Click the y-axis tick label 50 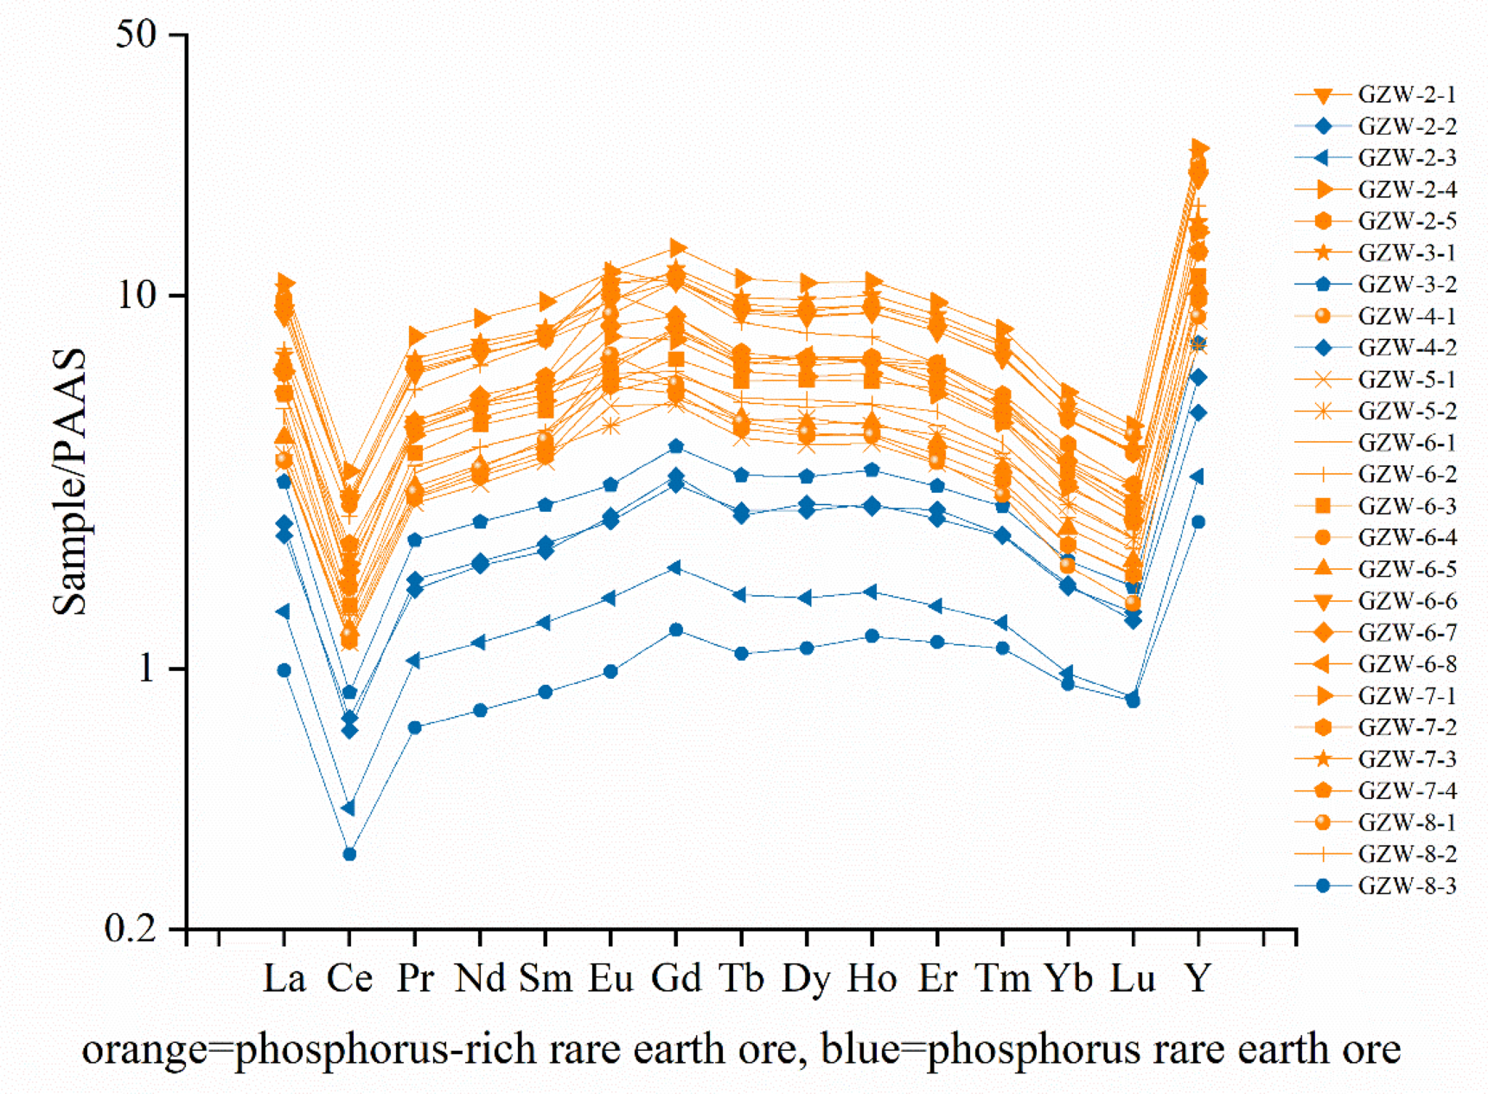pyautogui.click(x=136, y=35)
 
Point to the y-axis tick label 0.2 pyautogui.click(x=130, y=930)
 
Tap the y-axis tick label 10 pyautogui.click(x=139, y=296)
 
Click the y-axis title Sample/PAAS pyautogui.click(x=70, y=483)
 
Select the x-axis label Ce pyautogui.click(x=349, y=979)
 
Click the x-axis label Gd pyautogui.click(x=675, y=979)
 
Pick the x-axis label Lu pyautogui.click(x=1133, y=979)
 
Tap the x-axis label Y pyautogui.click(x=1198, y=979)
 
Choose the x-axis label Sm pyautogui.click(x=546, y=979)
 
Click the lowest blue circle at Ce pyautogui.click(x=349, y=854)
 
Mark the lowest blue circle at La pyautogui.click(x=284, y=670)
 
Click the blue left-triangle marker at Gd pyautogui.click(x=675, y=568)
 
